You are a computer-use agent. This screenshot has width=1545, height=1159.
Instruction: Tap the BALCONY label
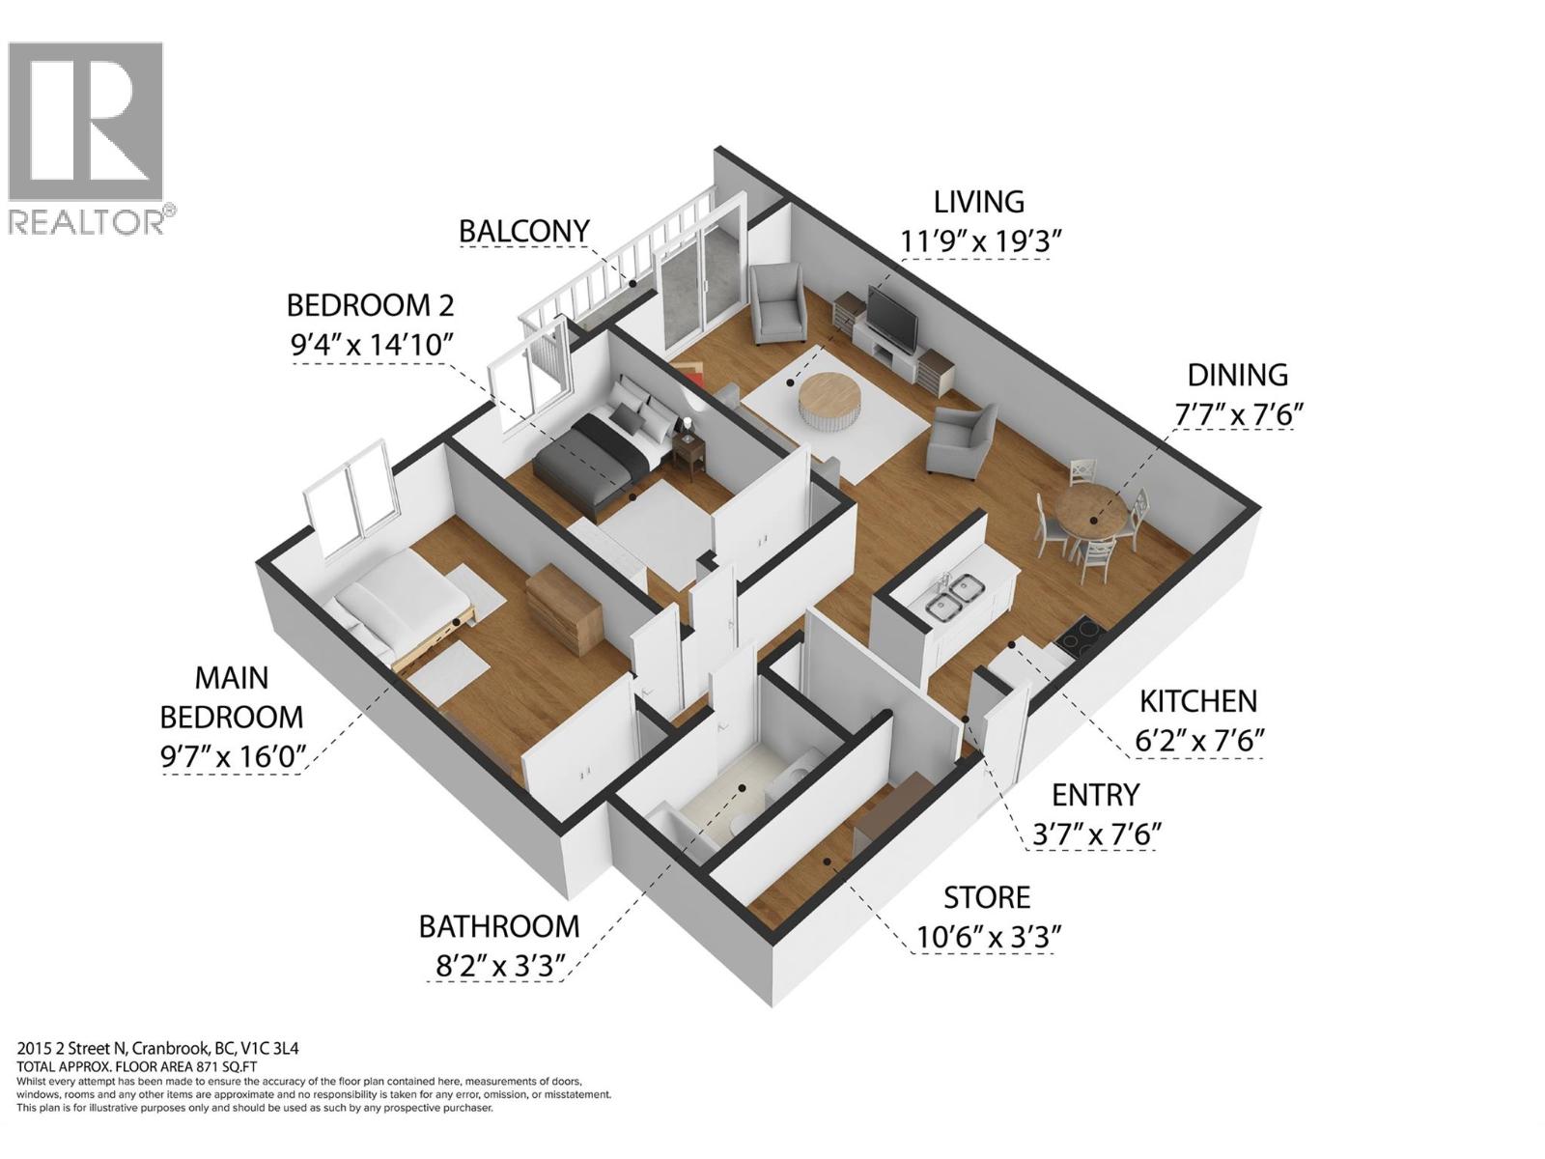pos(523,232)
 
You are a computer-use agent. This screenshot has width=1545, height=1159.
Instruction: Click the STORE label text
pos(987,897)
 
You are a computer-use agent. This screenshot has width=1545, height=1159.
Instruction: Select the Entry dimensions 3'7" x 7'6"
pos(1096,834)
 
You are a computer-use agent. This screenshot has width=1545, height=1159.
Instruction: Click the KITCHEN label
pos(1197,701)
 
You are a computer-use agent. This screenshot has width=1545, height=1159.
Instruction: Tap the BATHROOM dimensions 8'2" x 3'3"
pos(498,966)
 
